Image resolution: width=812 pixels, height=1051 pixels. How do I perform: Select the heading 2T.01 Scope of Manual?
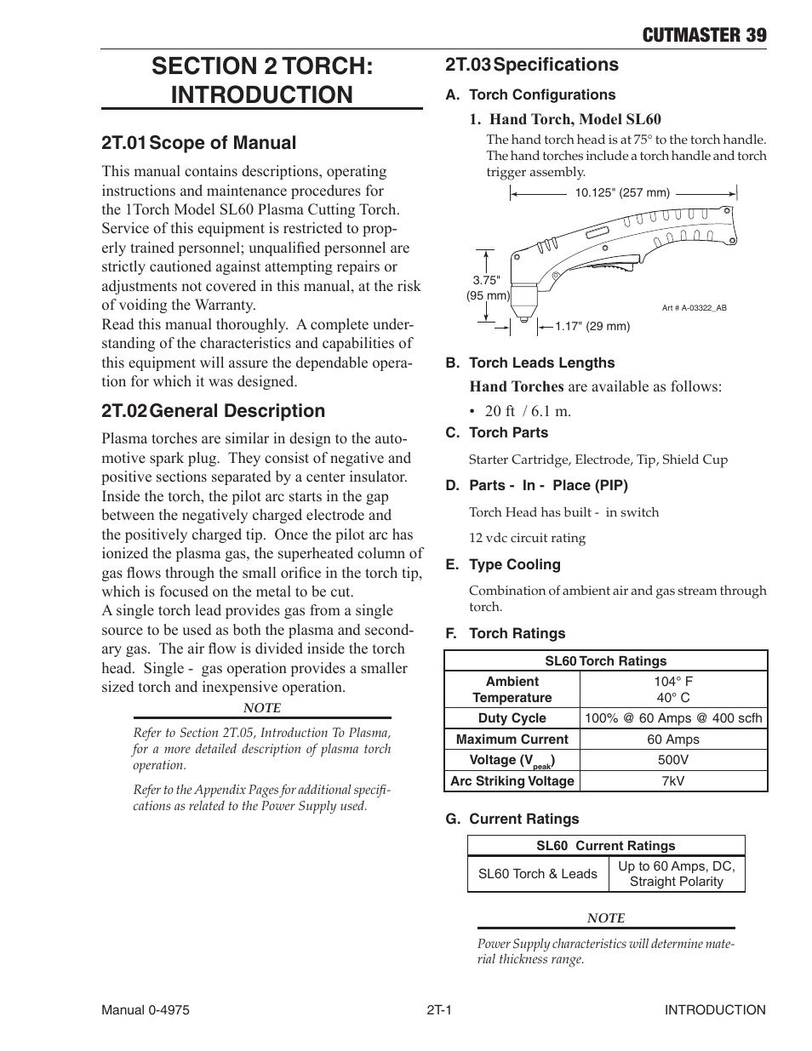[199, 143]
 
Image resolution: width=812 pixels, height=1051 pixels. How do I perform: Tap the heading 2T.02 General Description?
[213, 411]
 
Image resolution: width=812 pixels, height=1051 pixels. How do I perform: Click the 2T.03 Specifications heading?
[532, 65]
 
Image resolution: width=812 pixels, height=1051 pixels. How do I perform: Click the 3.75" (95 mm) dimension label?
[488, 288]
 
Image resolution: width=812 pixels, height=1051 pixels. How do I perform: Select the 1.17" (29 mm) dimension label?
[592, 326]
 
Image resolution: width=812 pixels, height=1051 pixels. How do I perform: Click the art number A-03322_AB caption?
[694, 308]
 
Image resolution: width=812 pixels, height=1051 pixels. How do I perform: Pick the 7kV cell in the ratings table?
[673, 781]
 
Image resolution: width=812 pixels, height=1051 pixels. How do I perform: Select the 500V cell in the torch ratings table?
[673, 760]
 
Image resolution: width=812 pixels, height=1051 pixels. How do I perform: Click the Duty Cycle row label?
[512, 718]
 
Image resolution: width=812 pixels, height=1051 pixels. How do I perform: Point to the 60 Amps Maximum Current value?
[673, 740]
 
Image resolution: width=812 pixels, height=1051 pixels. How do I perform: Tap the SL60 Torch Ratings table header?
[605, 661]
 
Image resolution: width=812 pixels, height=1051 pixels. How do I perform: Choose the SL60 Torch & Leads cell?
[538, 874]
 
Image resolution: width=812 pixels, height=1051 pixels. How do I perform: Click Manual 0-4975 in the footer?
[146, 1010]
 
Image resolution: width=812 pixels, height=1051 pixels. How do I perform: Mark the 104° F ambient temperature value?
[673, 682]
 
